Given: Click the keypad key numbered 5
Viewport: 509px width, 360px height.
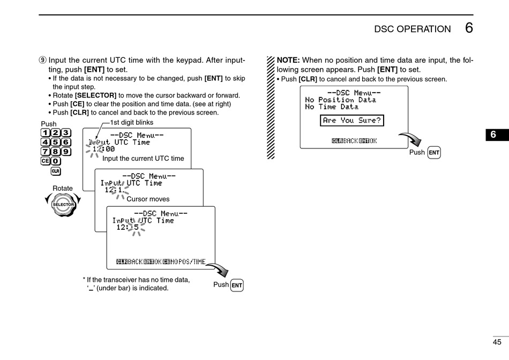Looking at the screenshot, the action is (56, 142).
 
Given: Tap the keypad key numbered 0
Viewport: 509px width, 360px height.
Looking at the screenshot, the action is (56, 161).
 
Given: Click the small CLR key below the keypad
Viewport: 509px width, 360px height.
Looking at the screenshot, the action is (56, 171).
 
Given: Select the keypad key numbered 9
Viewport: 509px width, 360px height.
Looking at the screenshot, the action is (66, 152).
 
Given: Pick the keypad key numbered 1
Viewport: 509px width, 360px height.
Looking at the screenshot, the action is (46, 133).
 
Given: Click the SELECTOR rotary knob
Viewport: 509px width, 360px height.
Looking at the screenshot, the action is (63, 205).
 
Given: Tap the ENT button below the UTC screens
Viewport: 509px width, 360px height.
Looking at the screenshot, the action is (237, 286).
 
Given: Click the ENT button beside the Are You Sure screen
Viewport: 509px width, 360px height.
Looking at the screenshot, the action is (434, 153).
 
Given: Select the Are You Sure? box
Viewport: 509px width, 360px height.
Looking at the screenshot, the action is (352, 121).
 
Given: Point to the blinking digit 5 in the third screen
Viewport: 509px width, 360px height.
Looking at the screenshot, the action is (136, 227).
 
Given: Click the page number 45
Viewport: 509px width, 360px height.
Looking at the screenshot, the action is (497, 342).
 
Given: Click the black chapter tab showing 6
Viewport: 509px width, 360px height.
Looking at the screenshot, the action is (497, 134).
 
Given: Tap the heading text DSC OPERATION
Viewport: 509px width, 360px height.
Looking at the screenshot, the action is (412, 29).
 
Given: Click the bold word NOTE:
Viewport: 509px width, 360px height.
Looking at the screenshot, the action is (288, 60).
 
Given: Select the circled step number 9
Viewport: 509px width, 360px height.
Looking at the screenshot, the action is (43, 61).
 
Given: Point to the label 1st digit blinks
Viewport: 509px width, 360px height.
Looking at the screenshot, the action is (132, 122).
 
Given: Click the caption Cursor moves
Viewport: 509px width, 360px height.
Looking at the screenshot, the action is (148, 199).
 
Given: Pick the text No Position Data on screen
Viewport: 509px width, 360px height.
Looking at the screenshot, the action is (341, 100).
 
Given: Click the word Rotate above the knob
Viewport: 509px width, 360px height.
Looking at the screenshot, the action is (63, 188).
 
